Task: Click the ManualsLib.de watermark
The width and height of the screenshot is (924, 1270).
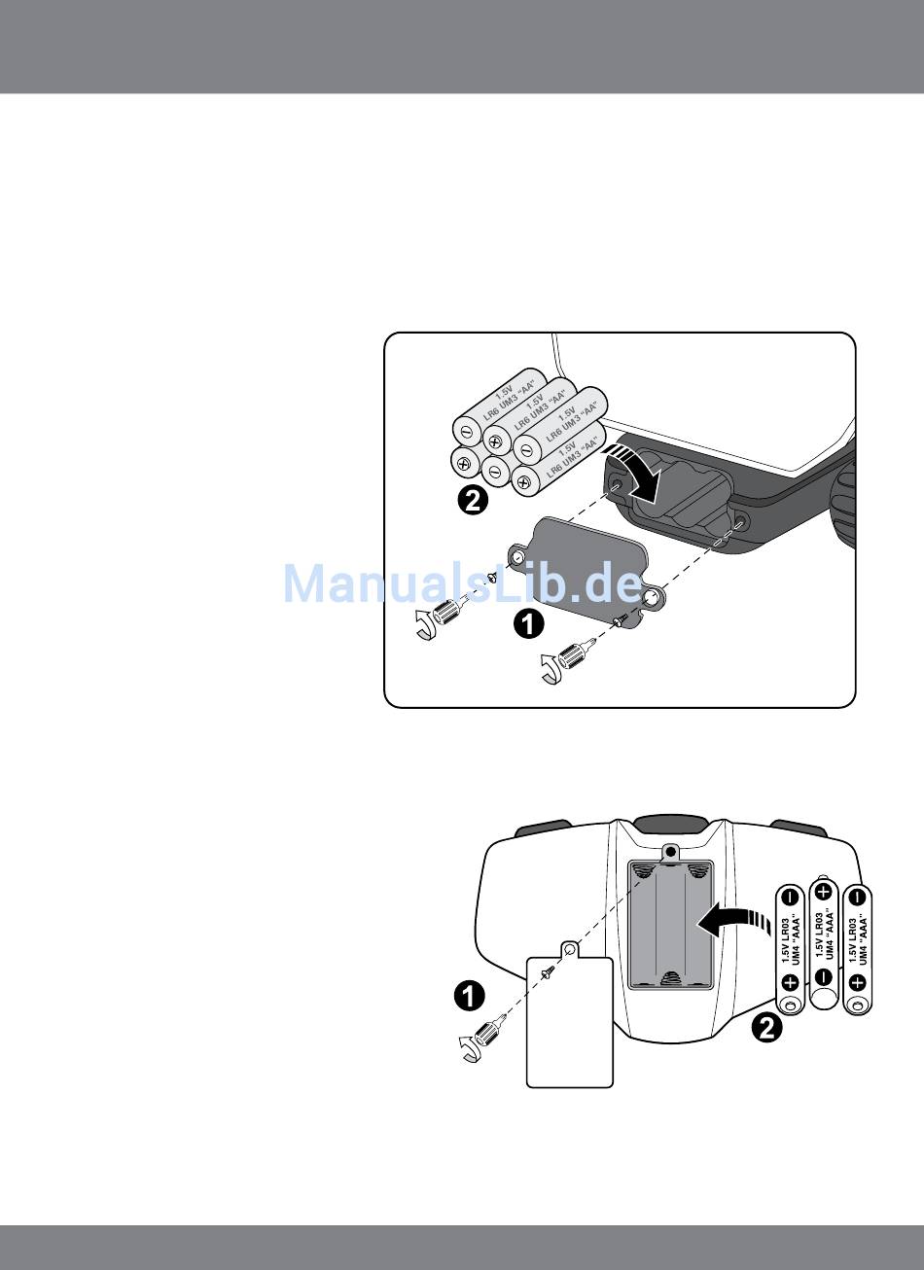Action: coord(462,583)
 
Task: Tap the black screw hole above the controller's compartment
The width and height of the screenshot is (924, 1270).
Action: coord(670,851)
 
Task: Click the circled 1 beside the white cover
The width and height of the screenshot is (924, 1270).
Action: coord(469,996)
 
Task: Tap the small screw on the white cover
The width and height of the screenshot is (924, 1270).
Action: coord(550,971)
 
